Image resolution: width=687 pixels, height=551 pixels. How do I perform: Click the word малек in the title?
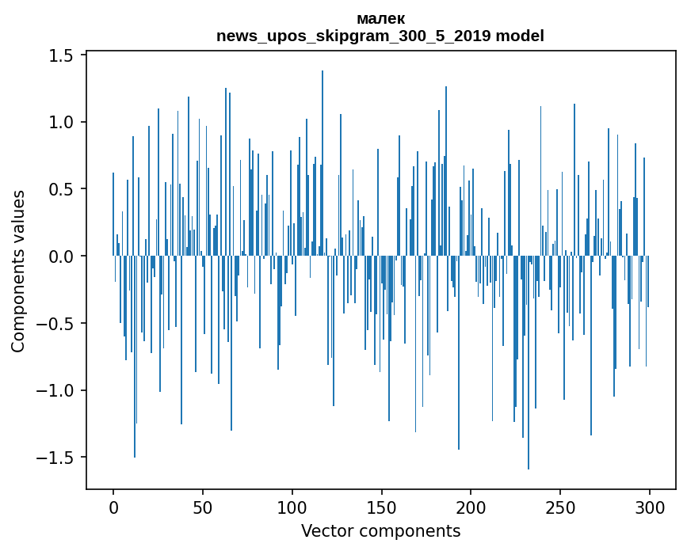coord(380,19)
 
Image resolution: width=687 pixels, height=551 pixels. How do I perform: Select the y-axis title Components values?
coord(18,271)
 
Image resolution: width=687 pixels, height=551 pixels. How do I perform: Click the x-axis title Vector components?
coord(380,530)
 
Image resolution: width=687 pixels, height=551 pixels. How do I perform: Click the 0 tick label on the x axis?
coord(113,507)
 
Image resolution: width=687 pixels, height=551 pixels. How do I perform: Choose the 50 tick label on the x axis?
coord(203,507)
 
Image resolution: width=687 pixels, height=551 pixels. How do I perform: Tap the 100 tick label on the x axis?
coord(292,507)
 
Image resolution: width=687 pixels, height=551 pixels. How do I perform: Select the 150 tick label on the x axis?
coord(382,507)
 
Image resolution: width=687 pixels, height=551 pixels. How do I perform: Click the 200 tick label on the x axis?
coord(471,507)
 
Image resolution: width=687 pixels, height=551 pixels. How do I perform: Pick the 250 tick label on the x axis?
coord(561,507)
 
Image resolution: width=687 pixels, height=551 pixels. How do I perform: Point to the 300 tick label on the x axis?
coord(650,507)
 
